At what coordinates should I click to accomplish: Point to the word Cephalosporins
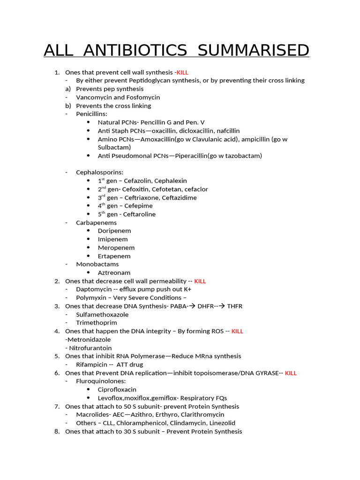pos(99,172)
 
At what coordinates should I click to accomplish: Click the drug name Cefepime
pos(138,206)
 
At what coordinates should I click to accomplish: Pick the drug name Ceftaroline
pos(139,214)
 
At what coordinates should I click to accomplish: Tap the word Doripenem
pos(114,231)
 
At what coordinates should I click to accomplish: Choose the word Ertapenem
pos(114,256)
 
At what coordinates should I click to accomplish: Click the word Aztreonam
pos(114,273)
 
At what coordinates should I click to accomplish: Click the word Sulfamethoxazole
pos(102,315)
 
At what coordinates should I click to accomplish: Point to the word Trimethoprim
pos(97,322)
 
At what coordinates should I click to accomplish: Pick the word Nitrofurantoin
pos(90,348)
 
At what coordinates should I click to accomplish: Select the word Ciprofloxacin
pos(117,390)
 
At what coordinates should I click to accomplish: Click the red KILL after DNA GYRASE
pos(291,373)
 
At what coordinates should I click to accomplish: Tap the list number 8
pos(57,431)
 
